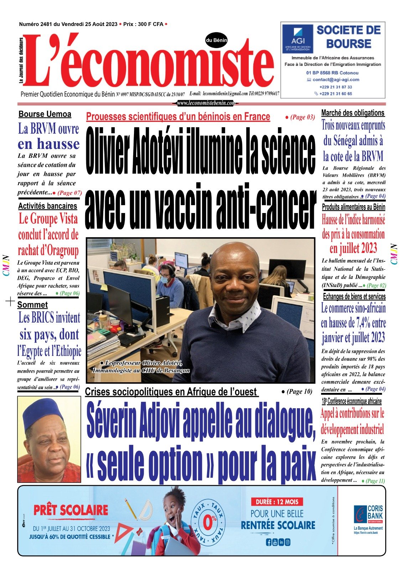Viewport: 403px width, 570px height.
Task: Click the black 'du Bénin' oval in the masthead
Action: pos(216,40)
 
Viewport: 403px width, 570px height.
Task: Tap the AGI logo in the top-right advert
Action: pos(298,38)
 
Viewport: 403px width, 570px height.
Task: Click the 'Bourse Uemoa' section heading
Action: pos(45,114)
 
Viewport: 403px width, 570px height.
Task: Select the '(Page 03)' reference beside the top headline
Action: pos(300,117)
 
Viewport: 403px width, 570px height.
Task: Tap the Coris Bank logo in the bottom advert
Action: pos(368,515)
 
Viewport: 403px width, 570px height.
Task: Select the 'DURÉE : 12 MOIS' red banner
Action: pos(277,502)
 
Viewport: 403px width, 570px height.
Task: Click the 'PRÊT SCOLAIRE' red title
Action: pos(71,510)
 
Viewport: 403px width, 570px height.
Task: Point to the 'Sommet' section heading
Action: pos(32,305)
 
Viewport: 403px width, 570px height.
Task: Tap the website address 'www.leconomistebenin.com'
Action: pos(206,103)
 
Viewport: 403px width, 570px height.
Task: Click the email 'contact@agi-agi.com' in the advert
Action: pos(336,80)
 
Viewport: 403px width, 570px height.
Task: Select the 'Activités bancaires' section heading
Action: pos(47,206)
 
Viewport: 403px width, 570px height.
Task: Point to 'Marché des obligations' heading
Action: pos(353,113)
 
